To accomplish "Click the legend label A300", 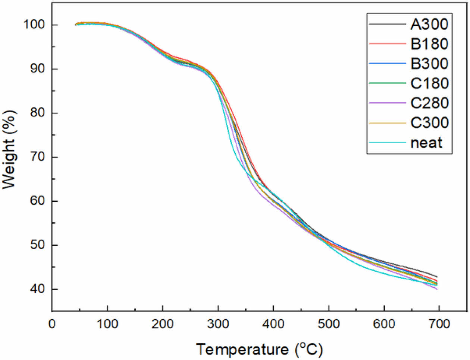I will pyautogui.click(x=429, y=24).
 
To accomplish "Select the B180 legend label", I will pyautogui.click(x=429, y=44).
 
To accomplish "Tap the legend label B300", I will pyautogui.click(x=429, y=64).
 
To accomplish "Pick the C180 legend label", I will pyautogui.click(x=429, y=83).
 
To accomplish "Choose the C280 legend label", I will pyautogui.click(x=429, y=103).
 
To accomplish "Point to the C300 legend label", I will pyautogui.click(x=429, y=123).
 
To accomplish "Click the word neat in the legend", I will pyautogui.click(x=426, y=143).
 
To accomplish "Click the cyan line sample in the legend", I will pyautogui.click(x=387, y=143).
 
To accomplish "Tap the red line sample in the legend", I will pyautogui.click(x=387, y=44).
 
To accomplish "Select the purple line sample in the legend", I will pyautogui.click(x=387, y=103).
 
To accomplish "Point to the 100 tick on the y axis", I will pyautogui.click(x=35, y=25).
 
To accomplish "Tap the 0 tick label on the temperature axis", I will pyautogui.click(x=52, y=323).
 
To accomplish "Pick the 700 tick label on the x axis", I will pyautogui.click(x=439, y=323).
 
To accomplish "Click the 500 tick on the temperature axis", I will pyautogui.click(x=329, y=323).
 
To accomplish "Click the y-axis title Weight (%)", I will pyautogui.click(x=10, y=149).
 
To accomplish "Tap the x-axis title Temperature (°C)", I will pyautogui.click(x=259, y=349).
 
